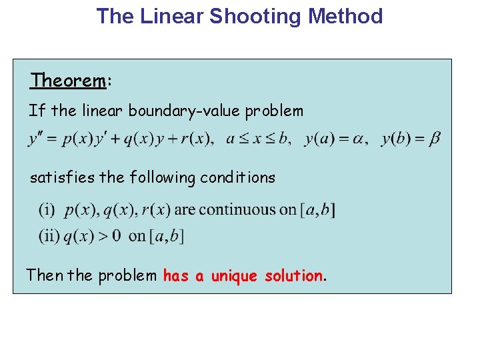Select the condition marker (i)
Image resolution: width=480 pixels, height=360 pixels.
(47, 210)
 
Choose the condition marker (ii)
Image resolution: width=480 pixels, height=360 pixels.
(49, 235)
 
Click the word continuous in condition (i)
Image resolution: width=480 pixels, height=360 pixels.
(247, 210)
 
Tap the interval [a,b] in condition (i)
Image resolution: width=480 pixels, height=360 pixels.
(319, 210)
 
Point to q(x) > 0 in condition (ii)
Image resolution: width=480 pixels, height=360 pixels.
(93, 235)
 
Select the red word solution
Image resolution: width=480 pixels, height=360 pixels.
(293, 275)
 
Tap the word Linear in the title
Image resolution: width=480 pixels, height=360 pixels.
(172, 16)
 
